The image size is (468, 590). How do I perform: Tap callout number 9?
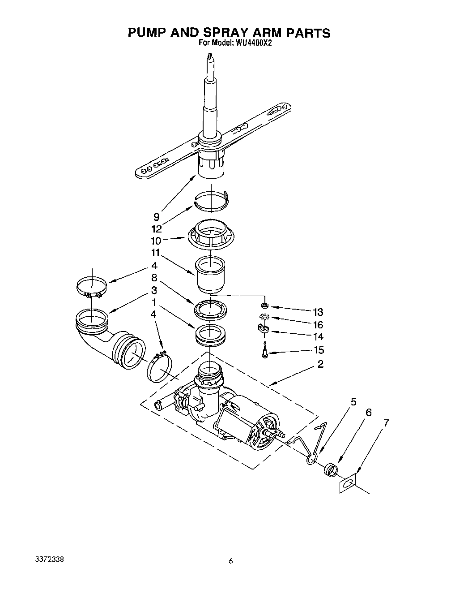coord(156,217)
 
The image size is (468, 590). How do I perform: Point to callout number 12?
coord(156,229)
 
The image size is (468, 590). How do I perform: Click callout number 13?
coord(318,312)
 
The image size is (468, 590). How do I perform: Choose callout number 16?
coord(318,325)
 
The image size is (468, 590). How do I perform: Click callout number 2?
coord(320,364)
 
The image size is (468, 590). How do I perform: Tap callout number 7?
coord(386,422)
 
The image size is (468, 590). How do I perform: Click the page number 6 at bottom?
coord(231,560)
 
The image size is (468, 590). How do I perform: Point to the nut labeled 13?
coord(264,306)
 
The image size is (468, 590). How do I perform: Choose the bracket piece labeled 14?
coord(264,331)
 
